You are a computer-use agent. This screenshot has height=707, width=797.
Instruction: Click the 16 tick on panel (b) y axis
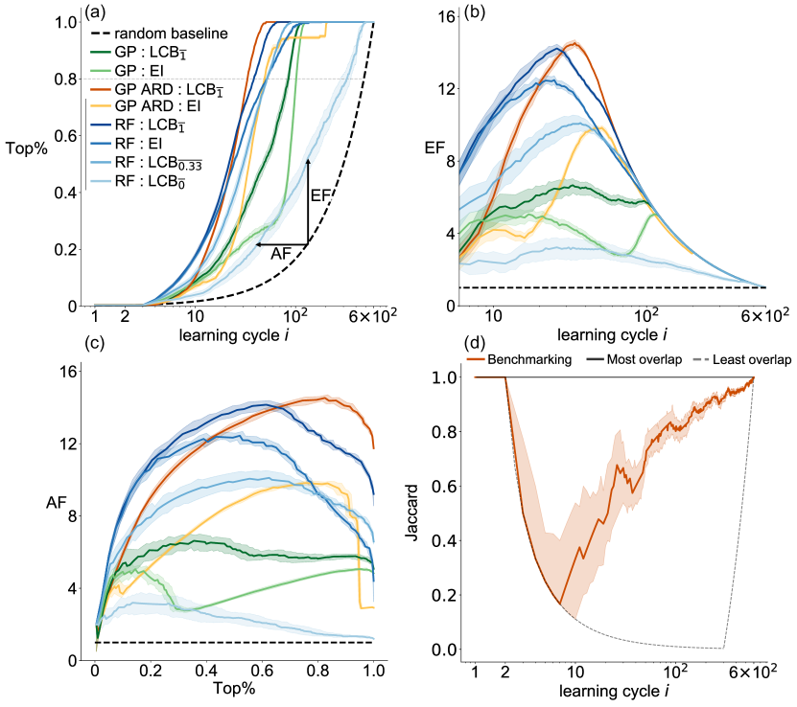tap(449, 16)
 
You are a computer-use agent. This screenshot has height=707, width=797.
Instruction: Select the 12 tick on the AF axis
tap(70, 445)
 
